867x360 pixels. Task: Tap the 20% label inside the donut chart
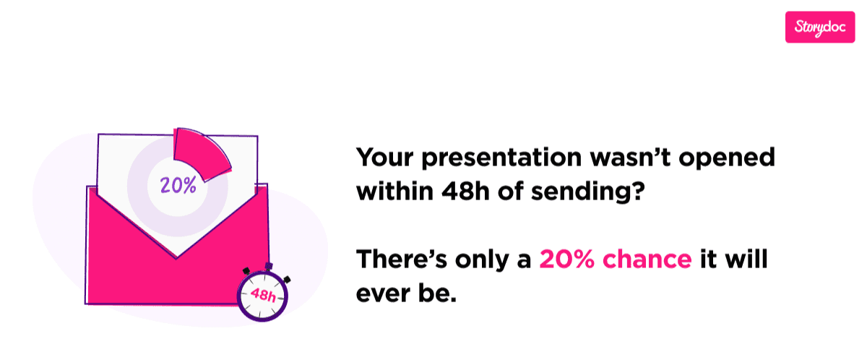178,185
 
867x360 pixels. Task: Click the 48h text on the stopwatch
262,294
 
